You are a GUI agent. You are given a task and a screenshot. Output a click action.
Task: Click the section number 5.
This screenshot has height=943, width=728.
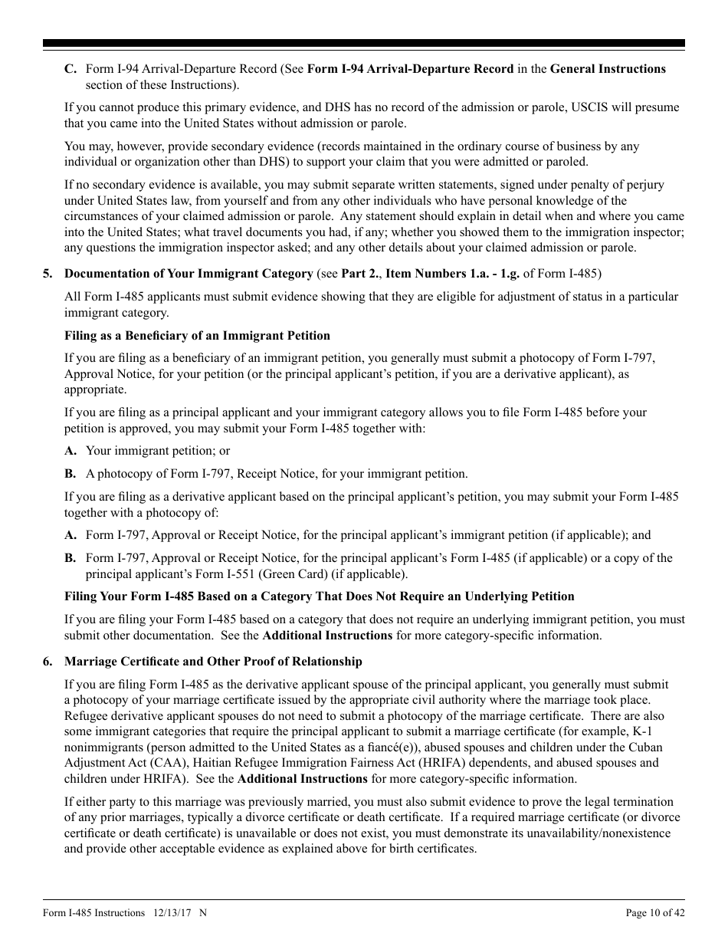pyautogui.click(x=47, y=274)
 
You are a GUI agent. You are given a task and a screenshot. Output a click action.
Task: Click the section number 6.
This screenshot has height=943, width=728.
pyautogui.click(x=47, y=662)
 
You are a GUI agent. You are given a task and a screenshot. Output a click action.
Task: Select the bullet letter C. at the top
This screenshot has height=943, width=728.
pyautogui.click(x=70, y=69)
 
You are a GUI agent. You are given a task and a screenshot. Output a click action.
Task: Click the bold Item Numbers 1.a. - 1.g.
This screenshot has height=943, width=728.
pyautogui.click(x=445, y=274)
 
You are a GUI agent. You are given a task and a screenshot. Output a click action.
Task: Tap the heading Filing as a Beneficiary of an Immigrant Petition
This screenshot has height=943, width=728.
pyautogui.click(x=197, y=335)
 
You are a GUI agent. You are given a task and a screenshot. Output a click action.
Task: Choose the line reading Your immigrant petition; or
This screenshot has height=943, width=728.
pyautogui.click(x=157, y=451)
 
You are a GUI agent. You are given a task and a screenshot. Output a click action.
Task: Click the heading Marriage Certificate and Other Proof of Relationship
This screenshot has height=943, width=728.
pyautogui.click(x=213, y=662)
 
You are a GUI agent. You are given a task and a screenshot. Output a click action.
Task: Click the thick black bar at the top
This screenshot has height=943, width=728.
pyautogui.click(x=364, y=44)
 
